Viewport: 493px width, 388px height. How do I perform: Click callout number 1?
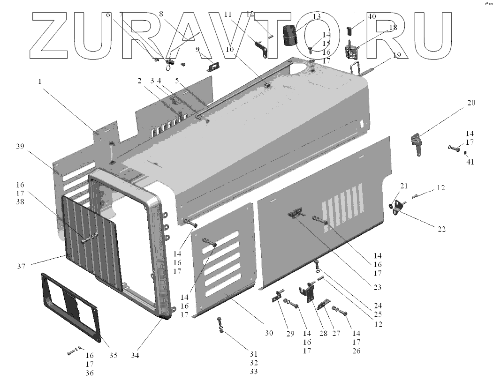tap(41, 81)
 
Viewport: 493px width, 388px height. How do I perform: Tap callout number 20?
tap(471, 103)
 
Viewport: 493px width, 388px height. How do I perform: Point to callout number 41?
tap(470, 162)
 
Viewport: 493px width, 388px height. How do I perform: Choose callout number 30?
tap(268, 334)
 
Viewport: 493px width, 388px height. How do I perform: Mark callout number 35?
tap(113, 355)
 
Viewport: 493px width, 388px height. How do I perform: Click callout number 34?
tap(136, 355)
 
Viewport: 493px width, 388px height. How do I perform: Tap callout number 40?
tap(372, 17)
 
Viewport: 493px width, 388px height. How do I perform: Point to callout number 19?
tap(397, 55)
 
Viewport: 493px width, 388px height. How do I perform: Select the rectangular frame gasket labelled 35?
tap(70, 305)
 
